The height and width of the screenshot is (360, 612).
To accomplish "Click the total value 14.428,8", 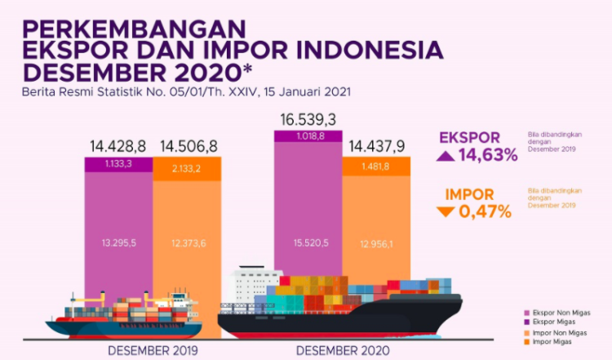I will point(118,148).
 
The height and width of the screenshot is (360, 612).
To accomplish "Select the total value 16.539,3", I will point(308,121).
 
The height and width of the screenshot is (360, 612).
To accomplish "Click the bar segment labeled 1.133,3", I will point(118,165).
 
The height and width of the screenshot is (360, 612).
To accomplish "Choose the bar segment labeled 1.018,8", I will point(308,136).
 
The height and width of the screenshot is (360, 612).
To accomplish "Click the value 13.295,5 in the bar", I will point(118,244).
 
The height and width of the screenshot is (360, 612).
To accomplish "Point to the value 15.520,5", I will point(308,244).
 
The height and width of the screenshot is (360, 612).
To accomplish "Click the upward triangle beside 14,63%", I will point(447,156).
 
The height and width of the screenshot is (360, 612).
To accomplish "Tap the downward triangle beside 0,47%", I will point(445,212).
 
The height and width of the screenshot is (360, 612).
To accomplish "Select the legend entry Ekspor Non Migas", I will point(556,313).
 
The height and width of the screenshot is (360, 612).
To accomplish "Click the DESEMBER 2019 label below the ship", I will point(153,349).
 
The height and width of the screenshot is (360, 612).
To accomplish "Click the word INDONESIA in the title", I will point(359,48).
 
